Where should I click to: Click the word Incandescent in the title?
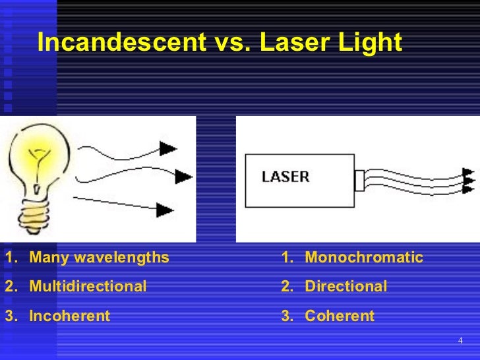click(x=121, y=43)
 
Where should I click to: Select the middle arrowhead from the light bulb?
click(x=184, y=177)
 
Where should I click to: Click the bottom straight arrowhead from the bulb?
click(x=165, y=210)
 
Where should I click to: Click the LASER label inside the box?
click(x=285, y=177)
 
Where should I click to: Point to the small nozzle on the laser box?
click(x=359, y=179)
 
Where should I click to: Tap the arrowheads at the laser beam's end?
click(x=468, y=179)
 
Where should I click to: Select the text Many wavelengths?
click(x=99, y=257)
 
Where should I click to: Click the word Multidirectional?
click(x=88, y=286)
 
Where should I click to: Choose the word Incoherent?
click(x=69, y=316)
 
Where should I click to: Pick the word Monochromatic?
click(x=364, y=257)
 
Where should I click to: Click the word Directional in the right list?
click(x=345, y=286)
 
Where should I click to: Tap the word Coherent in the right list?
click(x=339, y=316)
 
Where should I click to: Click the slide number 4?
click(x=460, y=340)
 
